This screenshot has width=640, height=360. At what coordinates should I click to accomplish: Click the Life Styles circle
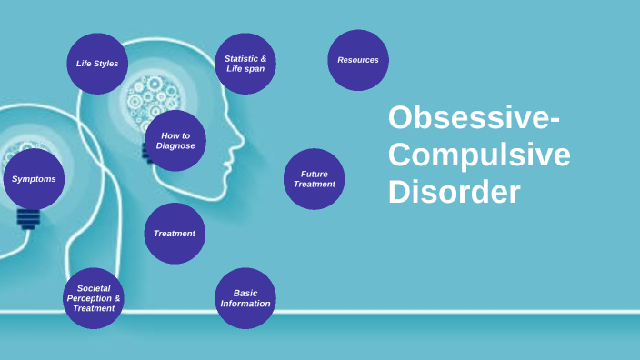point(97,64)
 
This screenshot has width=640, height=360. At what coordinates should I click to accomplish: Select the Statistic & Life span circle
point(245,64)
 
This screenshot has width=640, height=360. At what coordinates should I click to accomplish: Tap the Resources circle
point(358,60)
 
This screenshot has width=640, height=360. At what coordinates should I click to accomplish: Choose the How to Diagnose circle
point(175,141)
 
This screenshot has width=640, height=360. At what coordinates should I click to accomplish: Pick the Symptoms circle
point(34,179)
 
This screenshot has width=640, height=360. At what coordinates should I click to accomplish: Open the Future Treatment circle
point(315,179)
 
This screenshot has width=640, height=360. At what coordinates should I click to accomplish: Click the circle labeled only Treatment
point(175,234)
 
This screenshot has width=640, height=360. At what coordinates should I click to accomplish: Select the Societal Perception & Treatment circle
point(94,298)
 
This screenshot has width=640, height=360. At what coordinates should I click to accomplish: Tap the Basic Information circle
point(245,298)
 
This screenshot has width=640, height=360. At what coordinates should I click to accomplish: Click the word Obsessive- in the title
point(474,119)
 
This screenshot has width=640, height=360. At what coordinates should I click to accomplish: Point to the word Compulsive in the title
point(479,155)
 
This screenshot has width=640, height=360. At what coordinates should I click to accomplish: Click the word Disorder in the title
point(455,192)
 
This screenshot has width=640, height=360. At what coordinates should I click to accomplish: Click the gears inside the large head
point(150,96)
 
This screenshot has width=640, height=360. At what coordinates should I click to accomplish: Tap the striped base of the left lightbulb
point(28,219)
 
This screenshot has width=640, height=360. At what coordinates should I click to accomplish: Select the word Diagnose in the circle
point(175,146)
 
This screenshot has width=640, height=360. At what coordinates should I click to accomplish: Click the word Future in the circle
point(315,174)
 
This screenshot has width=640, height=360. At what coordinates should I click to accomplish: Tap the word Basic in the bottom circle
point(245,293)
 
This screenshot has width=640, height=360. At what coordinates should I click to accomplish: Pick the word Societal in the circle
point(94,288)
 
